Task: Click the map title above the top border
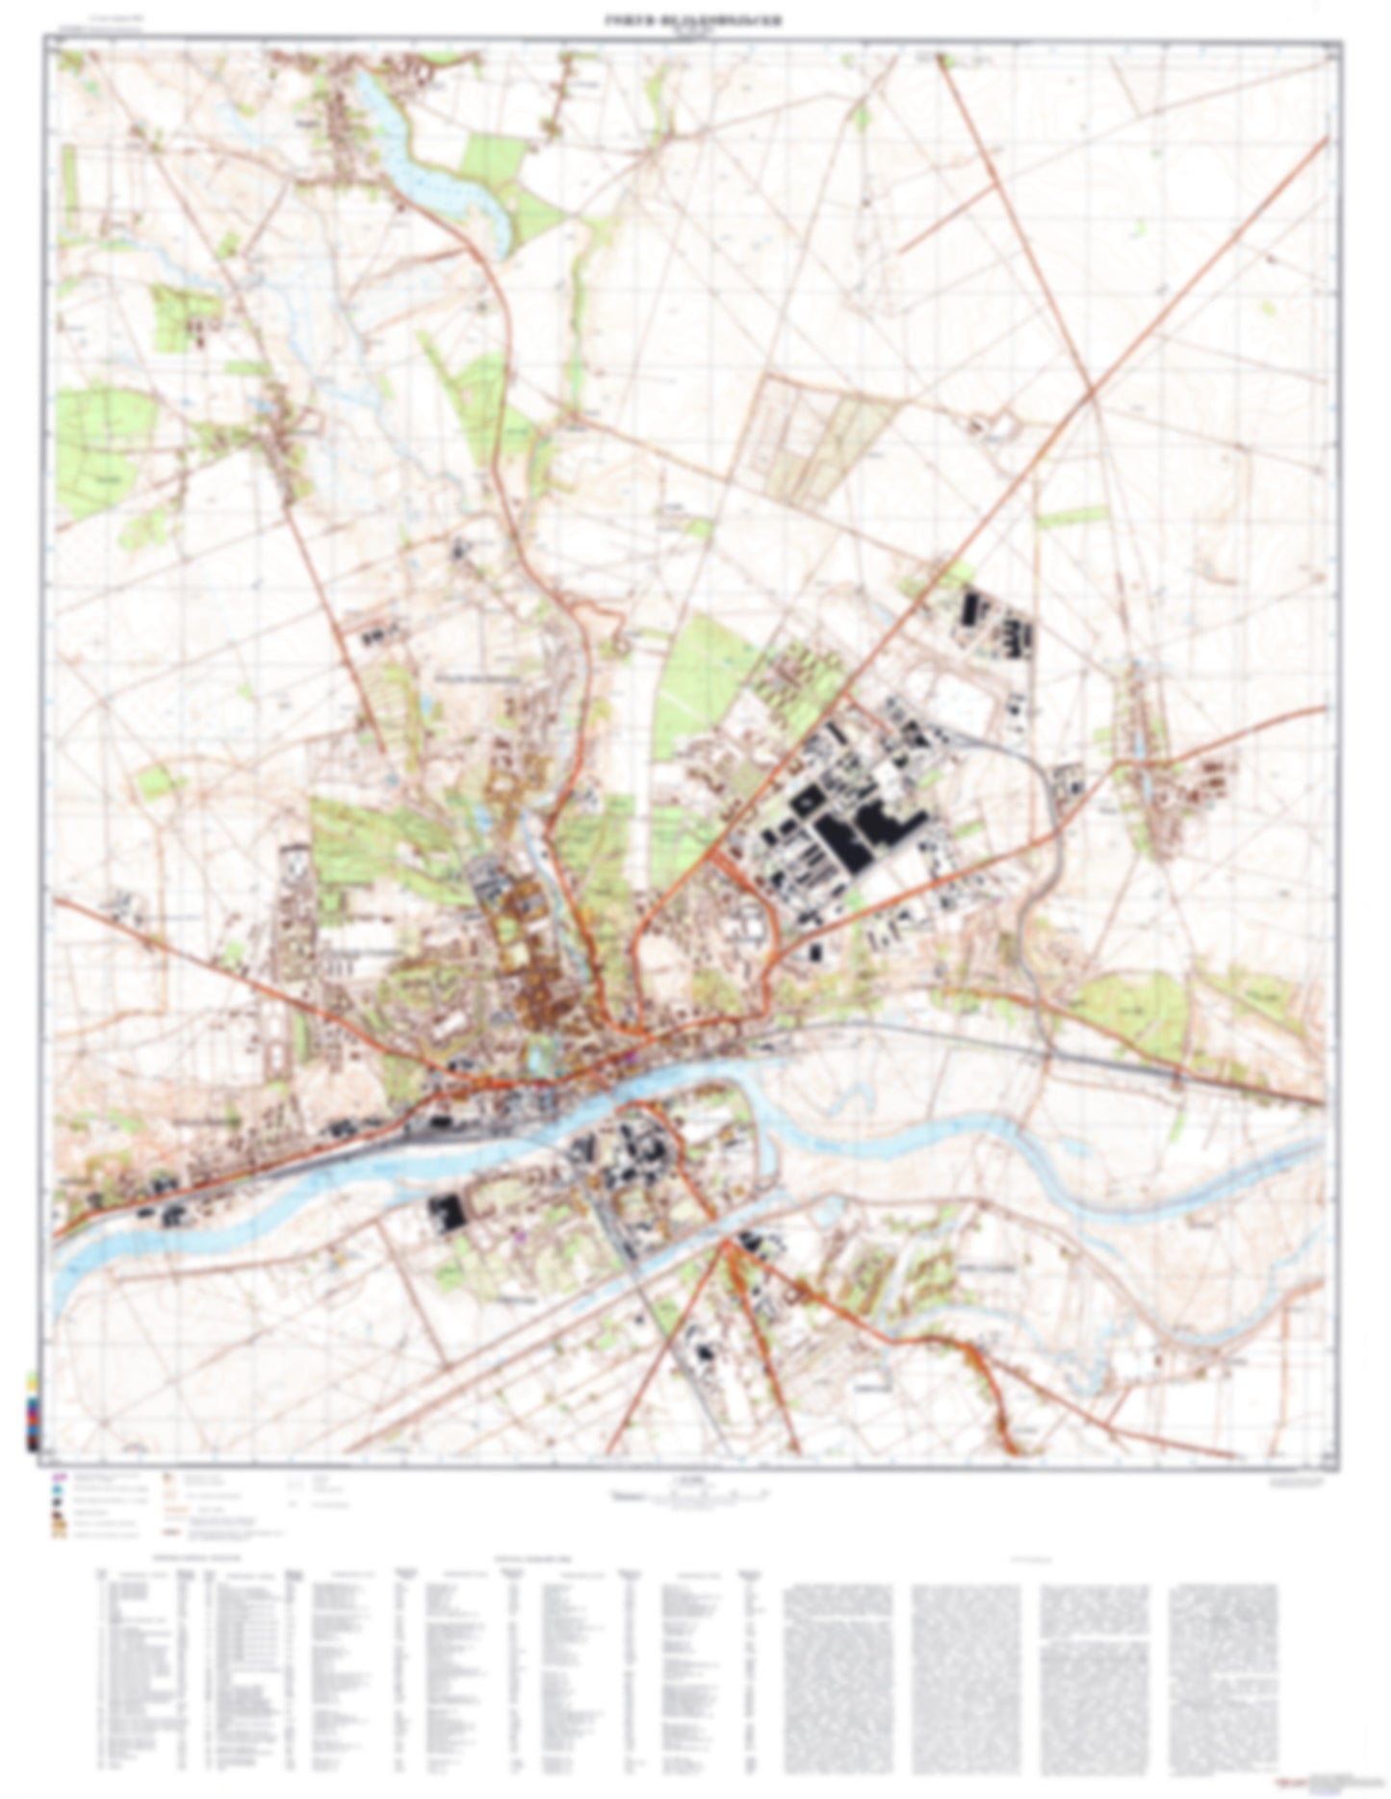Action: point(693,20)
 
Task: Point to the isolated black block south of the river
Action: point(446,1212)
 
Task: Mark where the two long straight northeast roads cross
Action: point(1092,392)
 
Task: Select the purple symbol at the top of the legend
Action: point(59,1475)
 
